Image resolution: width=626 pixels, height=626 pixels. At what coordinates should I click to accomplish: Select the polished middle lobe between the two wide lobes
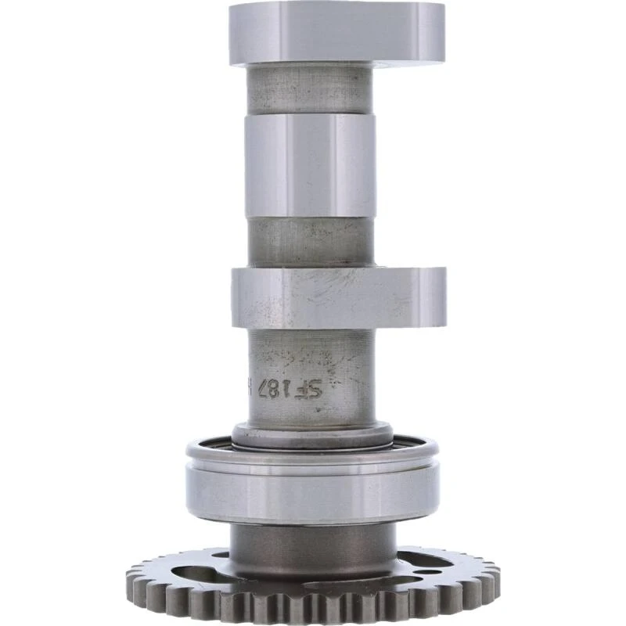click(310, 164)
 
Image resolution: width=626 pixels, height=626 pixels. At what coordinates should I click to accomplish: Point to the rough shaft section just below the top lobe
click(310, 88)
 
